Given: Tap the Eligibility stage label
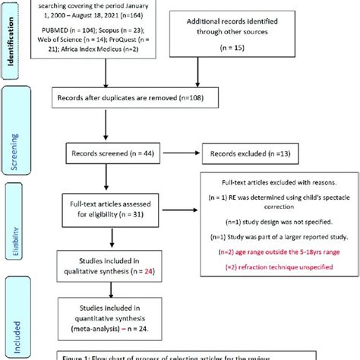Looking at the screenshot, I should (x=12, y=224).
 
